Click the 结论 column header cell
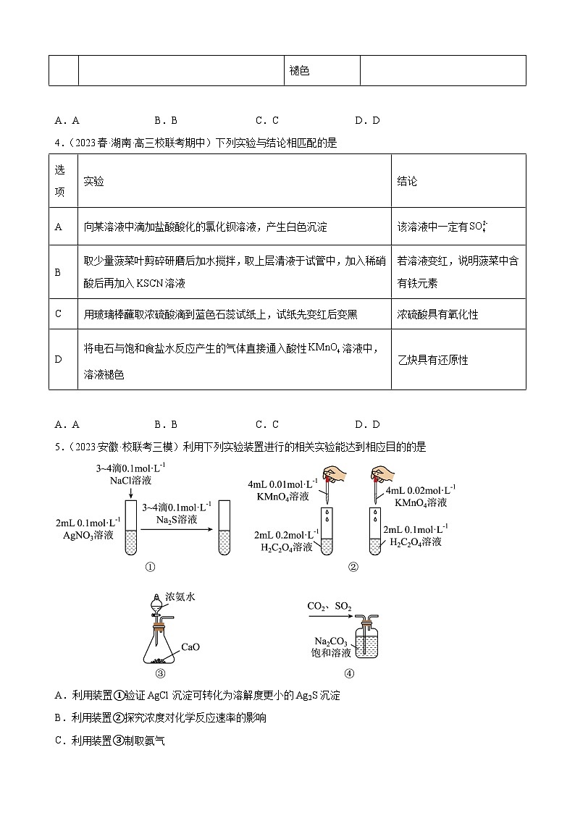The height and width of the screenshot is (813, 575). pos(407,181)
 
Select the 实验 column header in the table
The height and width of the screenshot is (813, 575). pos(93,181)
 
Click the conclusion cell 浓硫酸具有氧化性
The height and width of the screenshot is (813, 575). pos(437,315)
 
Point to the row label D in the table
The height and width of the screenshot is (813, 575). pos(59,360)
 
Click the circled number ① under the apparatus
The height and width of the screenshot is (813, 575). pos(151,567)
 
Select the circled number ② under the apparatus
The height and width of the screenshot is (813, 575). pos(353,567)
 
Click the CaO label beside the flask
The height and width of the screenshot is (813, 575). pos(190,646)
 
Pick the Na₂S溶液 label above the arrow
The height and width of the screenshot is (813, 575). pos(176,519)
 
